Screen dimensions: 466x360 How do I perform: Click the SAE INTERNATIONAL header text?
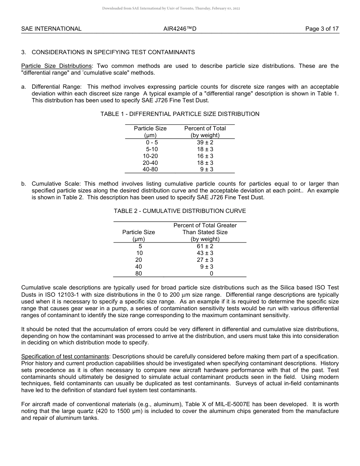51,29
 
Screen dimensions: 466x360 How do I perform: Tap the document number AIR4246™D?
180,29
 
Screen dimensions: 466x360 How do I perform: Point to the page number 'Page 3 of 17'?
322,29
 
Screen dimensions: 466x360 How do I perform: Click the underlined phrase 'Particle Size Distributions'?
56,66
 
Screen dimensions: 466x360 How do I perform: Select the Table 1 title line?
180,114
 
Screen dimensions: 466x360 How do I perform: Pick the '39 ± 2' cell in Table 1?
205,142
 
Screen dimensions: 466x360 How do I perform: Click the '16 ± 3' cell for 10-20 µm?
205,156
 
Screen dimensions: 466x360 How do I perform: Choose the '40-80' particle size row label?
150,170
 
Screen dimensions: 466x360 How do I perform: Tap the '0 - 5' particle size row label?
152,142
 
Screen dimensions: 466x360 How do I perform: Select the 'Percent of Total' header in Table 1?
205,128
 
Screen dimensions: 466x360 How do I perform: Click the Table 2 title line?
180,211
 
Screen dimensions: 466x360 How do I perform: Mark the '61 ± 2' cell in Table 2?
205,246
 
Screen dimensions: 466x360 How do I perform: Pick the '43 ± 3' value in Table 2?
205,253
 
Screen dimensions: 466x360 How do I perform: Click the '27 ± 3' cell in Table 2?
205,260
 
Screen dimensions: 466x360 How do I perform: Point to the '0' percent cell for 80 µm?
211,274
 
